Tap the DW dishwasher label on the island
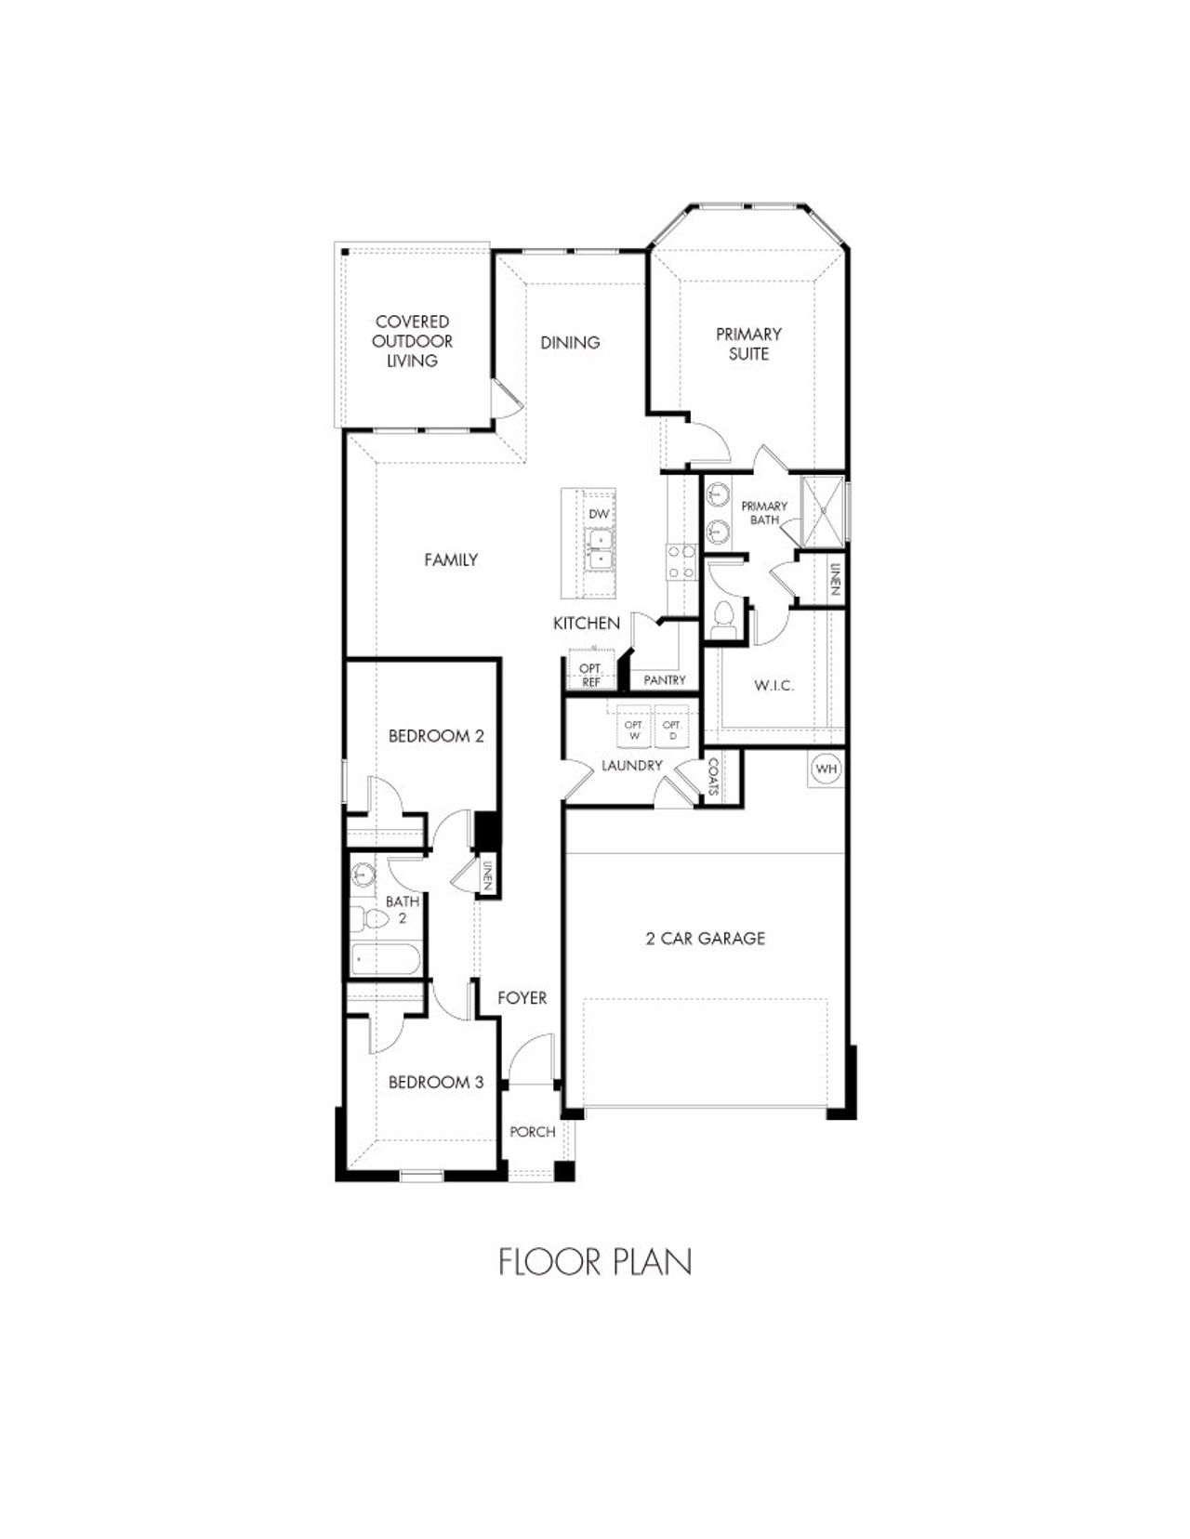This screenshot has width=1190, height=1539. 599,513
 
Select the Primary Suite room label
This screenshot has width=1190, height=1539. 748,343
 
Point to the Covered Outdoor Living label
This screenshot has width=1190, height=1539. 412,341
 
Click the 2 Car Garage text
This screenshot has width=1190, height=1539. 706,939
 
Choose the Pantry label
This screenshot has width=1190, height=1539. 665,680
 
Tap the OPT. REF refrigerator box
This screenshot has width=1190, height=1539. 590,676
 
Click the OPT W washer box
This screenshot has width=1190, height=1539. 634,730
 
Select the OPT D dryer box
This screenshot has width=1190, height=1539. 672,730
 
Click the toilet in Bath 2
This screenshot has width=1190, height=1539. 372,919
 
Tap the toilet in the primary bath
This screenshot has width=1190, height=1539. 722,621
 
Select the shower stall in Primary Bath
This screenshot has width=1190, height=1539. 822,509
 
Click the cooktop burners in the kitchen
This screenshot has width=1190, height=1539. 680,561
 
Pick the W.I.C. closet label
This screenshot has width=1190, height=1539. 773,686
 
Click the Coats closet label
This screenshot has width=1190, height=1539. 713,777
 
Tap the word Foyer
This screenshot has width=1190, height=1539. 522,998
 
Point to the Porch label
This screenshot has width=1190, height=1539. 533,1132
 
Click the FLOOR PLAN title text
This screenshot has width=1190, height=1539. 595,1262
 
